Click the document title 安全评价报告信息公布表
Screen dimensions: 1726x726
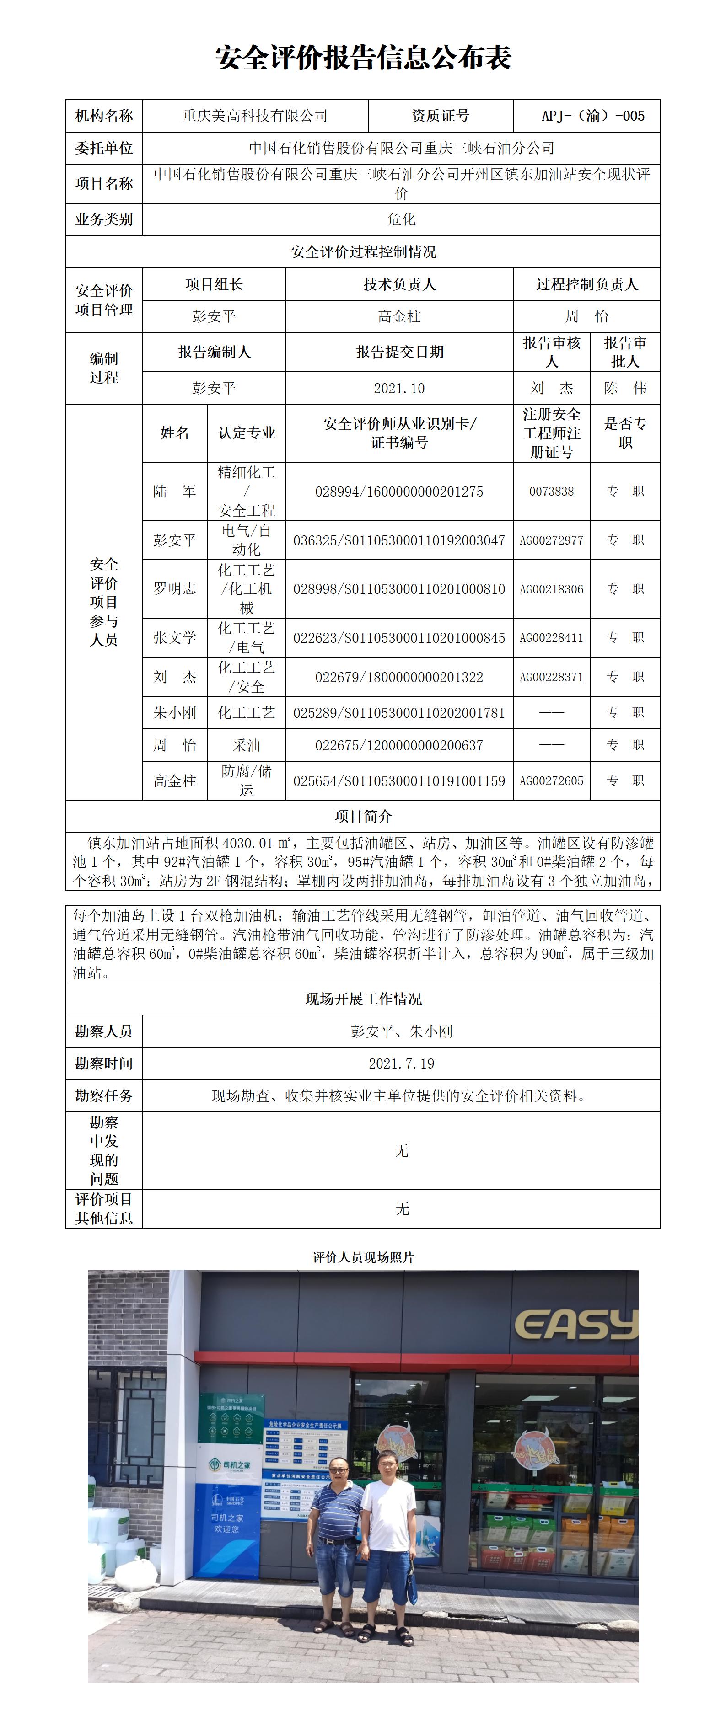coord(363,58)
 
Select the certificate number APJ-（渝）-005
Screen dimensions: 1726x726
coord(592,116)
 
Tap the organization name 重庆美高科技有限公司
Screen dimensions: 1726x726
coord(255,116)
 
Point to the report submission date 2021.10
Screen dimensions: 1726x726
coord(399,388)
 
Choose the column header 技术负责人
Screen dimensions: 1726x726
coord(399,284)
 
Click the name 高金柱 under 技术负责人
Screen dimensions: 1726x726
coord(399,316)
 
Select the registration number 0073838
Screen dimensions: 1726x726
coord(551,491)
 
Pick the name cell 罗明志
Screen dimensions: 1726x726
coord(174,588)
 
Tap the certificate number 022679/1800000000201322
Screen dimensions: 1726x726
coord(399,677)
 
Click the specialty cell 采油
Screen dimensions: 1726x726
coord(246,745)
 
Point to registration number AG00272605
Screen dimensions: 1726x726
coord(551,780)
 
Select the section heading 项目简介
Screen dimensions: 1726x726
coord(363,816)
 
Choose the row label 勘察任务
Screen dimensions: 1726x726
coord(104,1095)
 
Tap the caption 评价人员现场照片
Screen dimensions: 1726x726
coord(363,1258)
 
